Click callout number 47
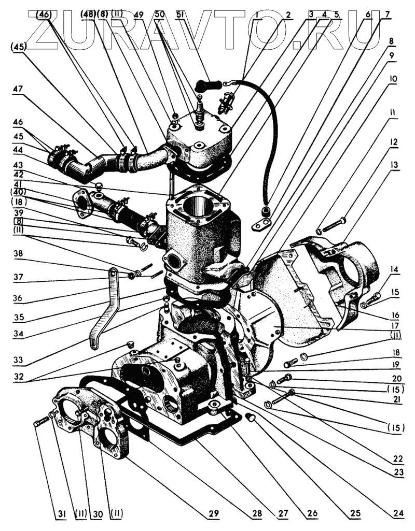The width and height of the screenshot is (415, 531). coord(19,89)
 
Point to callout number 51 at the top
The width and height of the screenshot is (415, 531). coord(181,14)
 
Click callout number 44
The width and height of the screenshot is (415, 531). coord(19,149)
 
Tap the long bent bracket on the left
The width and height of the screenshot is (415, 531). coord(103,306)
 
